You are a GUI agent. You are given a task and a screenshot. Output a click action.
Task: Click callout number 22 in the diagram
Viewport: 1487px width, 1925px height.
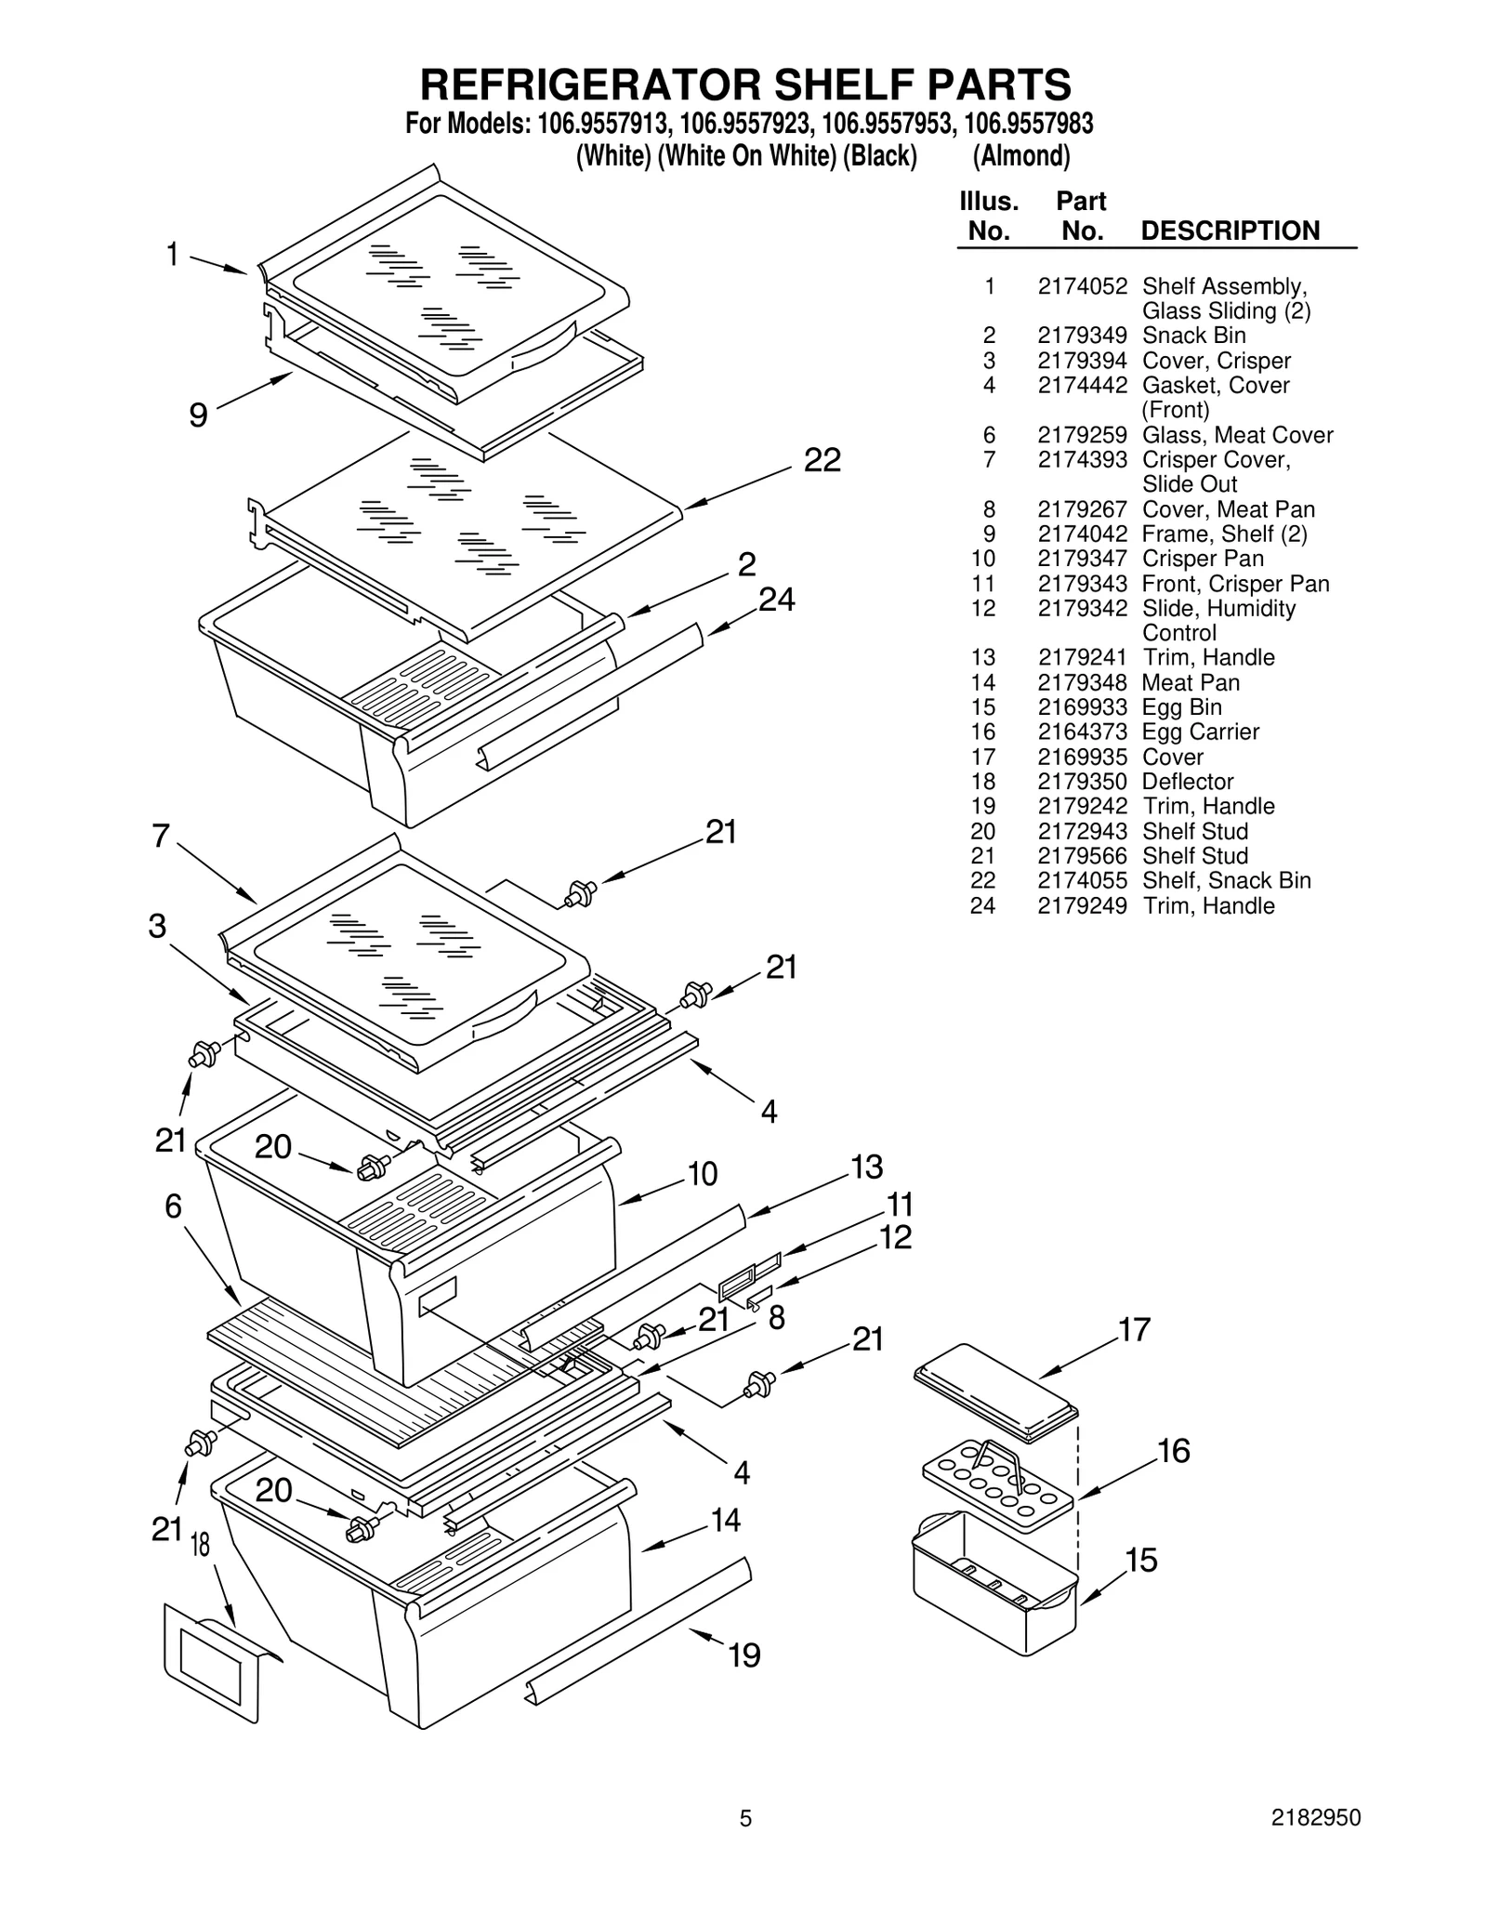[x=822, y=461]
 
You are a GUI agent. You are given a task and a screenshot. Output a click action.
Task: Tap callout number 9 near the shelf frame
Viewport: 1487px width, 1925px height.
[x=198, y=415]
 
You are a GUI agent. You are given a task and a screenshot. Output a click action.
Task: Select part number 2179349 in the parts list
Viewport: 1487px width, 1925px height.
[x=1082, y=336]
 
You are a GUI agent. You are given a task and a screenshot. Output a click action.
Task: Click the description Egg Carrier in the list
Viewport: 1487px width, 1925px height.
[x=1200, y=732]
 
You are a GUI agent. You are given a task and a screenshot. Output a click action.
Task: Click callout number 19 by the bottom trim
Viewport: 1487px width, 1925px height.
[x=743, y=1655]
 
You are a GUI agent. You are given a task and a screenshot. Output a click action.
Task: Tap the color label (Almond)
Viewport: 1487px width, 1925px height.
[x=1021, y=156]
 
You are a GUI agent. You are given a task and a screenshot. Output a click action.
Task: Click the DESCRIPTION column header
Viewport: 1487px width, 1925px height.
[x=1230, y=231]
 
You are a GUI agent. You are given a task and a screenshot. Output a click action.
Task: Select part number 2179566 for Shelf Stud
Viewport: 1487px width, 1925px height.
[x=1082, y=856]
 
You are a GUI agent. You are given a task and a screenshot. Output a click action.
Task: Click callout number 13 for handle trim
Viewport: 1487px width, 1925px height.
[x=866, y=1167]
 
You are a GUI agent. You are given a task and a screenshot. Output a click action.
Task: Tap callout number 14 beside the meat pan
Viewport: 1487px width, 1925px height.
[x=725, y=1521]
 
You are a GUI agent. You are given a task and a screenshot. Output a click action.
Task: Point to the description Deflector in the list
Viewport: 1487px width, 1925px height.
[x=1187, y=782]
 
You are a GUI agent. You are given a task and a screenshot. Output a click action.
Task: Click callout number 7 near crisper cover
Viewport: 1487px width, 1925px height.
[x=161, y=837]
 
